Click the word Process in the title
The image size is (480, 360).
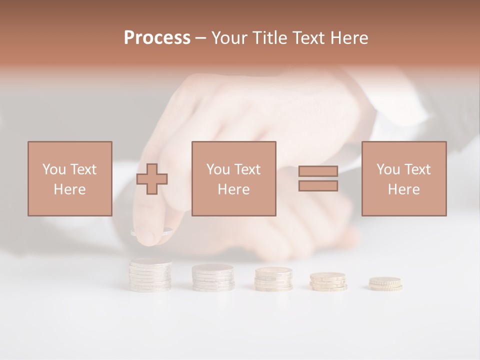tap(157, 38)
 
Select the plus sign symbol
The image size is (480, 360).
tap(152, 179)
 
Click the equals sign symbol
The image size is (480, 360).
tap(318, 178)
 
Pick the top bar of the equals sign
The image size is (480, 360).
tap(318, 171)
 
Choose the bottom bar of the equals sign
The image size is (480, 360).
tap(318, 185)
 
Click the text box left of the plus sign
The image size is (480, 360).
tap(69, 179)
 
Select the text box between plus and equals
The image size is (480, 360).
tap(233, 179)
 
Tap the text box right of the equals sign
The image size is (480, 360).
tap(403, 179)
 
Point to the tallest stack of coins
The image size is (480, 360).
tap(150, 275)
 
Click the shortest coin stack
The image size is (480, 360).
tap(385, 284)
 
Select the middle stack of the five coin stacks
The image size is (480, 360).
tap(273, 279)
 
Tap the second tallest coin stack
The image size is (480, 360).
tap(213, 277)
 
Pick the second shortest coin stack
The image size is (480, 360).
tap(328, 281)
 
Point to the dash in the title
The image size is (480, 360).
tap(200, 38)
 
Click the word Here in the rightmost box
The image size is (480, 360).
tap(403, 189)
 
